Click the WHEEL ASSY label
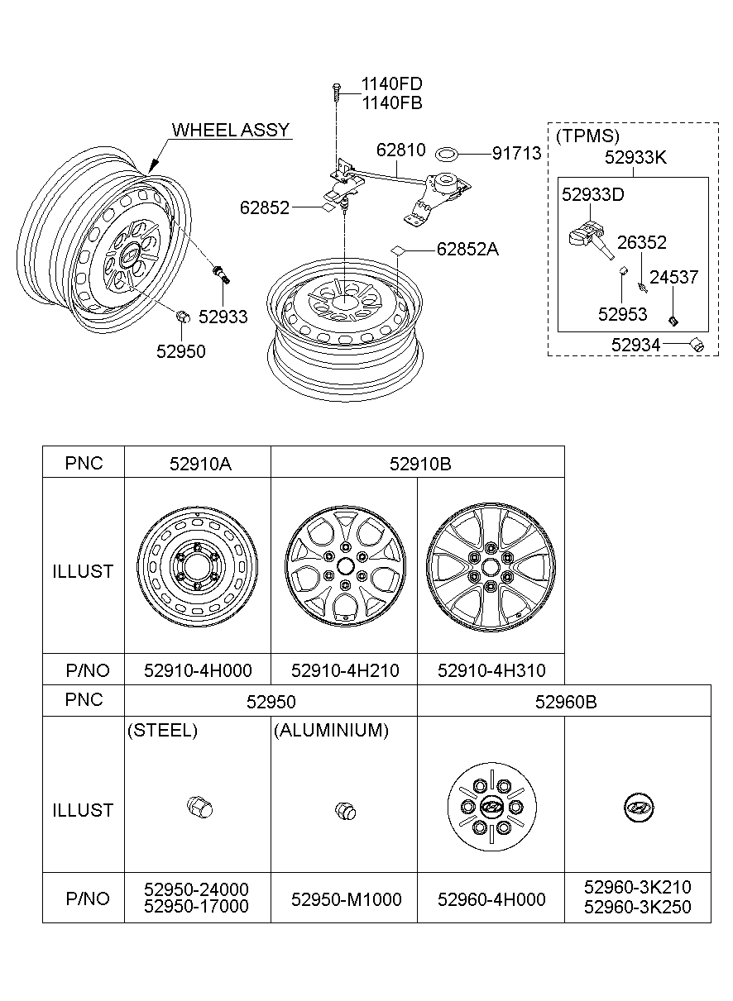[x=230, y=130]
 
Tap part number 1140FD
[x=391, y=84]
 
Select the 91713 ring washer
[x=448, y=153]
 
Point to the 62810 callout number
[x=400, y=150]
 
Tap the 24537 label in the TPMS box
[x=673, y=277]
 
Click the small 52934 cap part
[x=697, y=344]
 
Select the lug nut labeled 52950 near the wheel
[x=184, y=317]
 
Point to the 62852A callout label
[x=467, y=249]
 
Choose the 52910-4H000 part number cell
[x=198, y=670]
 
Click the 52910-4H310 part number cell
[x=491, y=670]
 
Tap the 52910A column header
[x=198, y=463]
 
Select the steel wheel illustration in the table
[x=198, y=570]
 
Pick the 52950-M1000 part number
[x=346, y=899]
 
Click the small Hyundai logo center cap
[x=637, y=808]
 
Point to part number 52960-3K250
[x=637, y=908]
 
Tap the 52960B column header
[x=565, y=702]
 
